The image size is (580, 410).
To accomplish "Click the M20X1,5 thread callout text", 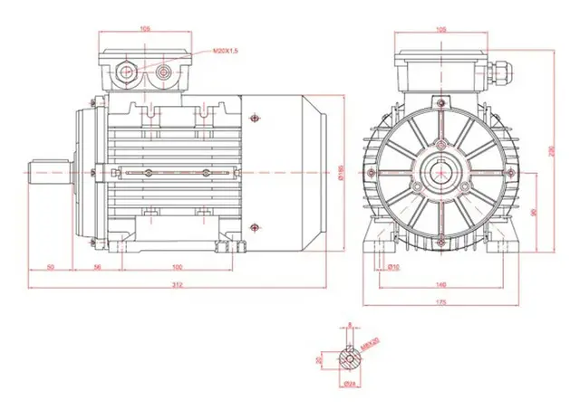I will tap(225, 52).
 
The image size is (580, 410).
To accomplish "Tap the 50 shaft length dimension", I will tap(51, 267).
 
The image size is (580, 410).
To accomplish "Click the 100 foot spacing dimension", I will tap(177, 267).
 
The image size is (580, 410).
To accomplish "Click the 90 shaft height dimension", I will tap(533, 214).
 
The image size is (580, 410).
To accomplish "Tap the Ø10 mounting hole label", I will tap(394, 267).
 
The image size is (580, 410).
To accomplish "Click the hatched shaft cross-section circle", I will tap(349, 358).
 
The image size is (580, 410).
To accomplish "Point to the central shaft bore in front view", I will tap(440, 170).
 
